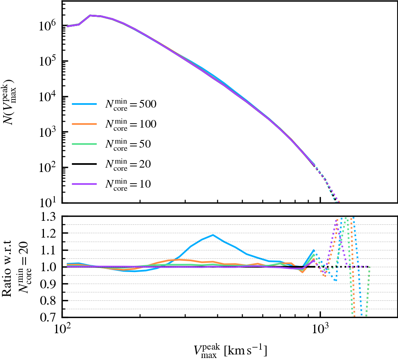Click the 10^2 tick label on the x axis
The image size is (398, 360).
click(x=62, y=330)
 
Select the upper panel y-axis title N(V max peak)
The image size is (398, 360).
click(x=11, y=102)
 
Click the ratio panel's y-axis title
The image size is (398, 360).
click(x=14, y=267)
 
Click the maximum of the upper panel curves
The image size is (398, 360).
click(x=91, y=16)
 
